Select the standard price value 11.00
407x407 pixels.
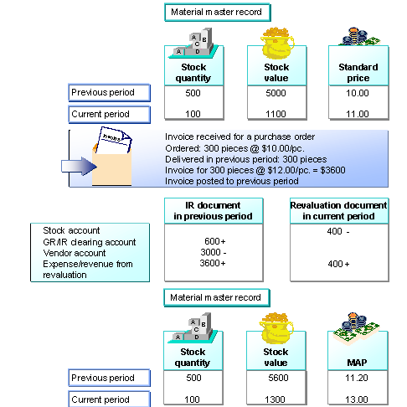[x=358, y=113]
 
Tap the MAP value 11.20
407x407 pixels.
[x=358, y=378]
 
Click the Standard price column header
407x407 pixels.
[x=358, y=72]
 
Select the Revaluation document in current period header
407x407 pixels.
[x=338, y=210]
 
